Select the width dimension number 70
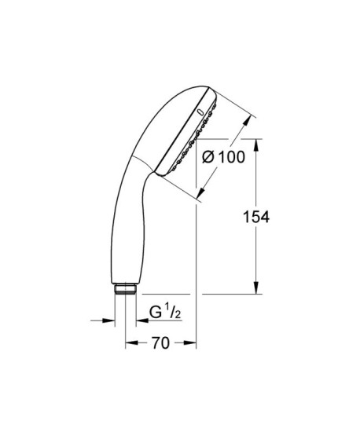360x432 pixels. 161,344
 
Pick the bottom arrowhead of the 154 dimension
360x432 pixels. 257,289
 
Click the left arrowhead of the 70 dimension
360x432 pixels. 130,344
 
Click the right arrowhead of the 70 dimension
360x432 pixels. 191,344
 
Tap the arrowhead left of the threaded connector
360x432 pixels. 109,320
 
